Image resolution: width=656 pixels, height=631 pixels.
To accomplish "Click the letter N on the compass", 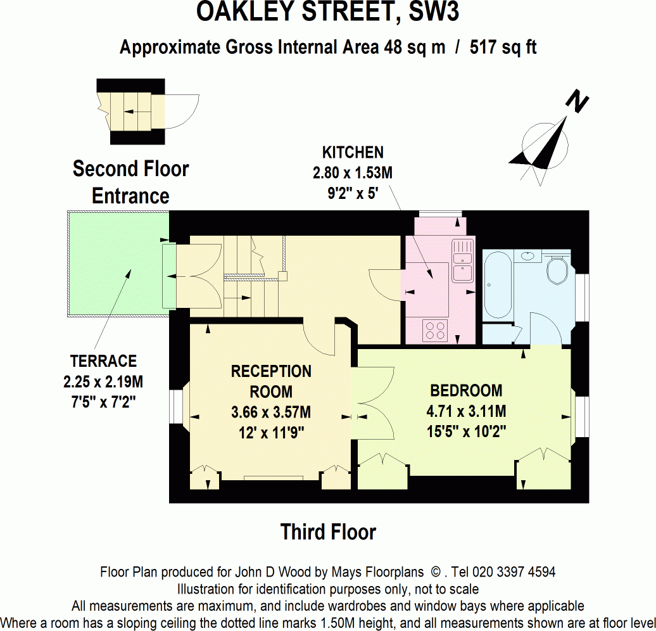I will pyautogui.click(x=577, y=101).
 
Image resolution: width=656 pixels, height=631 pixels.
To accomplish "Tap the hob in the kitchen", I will pyautogui.click(x=436, y=329).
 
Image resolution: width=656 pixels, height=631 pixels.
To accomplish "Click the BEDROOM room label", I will pyautogui.click(x=466, y=390).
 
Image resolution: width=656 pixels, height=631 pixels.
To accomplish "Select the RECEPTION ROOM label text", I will pyautogui.click(x=271, y=381).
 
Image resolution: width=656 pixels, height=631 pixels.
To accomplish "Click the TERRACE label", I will pyautogui.click(x=103, y=361).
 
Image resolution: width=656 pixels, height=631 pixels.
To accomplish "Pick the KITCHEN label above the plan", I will pyautogui.click(x=353, y=152).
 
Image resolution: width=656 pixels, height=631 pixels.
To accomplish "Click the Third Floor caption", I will pyautogui.click(x=328, y=532).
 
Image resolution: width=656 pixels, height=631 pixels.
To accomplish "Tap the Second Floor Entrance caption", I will pyautogui.click(x=130, y=182).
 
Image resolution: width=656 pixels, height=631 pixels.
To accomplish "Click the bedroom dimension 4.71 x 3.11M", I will pyautogui.click(x=466, y=412).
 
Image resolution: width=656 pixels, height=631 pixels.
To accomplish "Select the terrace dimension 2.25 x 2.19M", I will pyautogui.click(x=103, y=382).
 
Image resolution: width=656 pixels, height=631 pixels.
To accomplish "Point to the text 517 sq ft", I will pyautogui.click(x=503, y=48).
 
